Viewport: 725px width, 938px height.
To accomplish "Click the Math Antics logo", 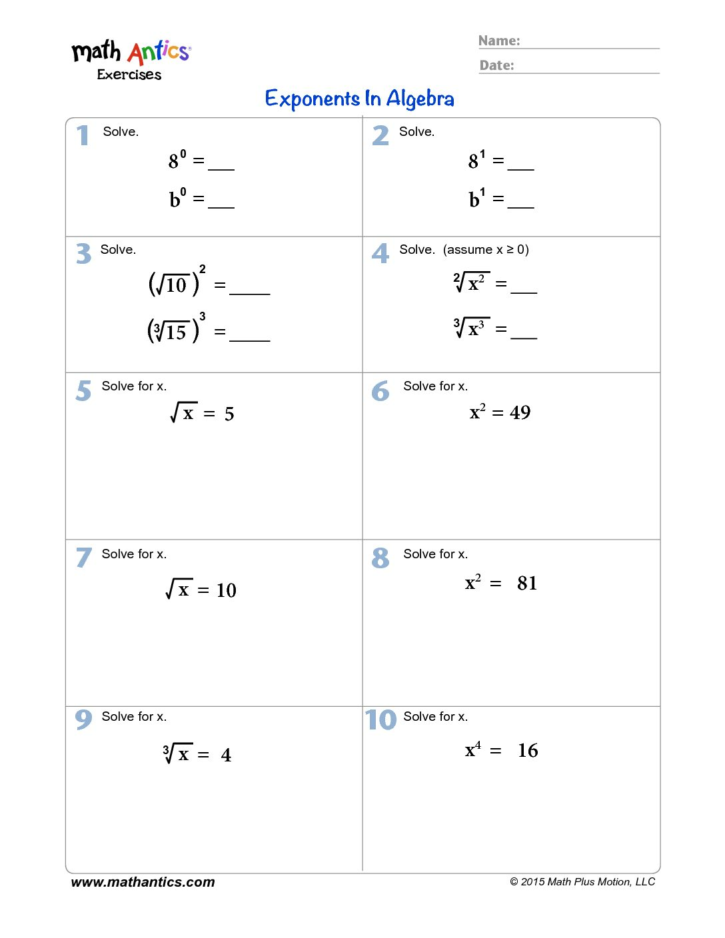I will pyautogui.click(x=131, y=59).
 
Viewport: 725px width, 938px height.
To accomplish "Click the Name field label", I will pyautogui.click(x=498, y=41).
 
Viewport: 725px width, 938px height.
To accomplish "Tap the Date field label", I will pyautogui.click(x=496, y=65).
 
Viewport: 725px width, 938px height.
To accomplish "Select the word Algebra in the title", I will pyautogui.click(x=420, y=99).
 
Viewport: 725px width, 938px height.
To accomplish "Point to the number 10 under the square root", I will pyautogui.click(x=177, y=286).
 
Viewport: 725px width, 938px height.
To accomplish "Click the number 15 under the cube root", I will pyautogui.click(x=177, y=332).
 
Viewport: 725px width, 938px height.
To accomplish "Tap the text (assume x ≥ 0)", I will pyautogui.click(x=486, y=249).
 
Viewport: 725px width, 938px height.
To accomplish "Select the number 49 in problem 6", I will pyautogui.click(x=520, y=413).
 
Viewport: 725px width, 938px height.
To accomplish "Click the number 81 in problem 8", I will pyautogui.click(x=527, y=584).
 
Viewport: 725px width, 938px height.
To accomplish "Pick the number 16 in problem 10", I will pyautogui.click(x=528, y=751).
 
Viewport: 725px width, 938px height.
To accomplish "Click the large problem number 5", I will pyautogui.click(x=83, y=390).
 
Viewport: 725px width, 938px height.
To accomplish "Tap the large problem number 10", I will pyautogui.click(x=380, y=720).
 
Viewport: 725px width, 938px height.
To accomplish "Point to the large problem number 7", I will pyautogui.click(x=83, y=558).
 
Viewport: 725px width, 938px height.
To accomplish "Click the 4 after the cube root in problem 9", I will pyautogui.click(x=226, y=755).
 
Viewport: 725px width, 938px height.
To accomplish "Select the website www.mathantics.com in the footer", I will pyautogui.click(x=143, y=882).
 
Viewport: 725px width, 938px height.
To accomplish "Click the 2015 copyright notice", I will pyautogui.click(x=582, y=882).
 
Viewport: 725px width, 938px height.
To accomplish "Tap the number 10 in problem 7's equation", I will pyautogui.click(x=226, y=590).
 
